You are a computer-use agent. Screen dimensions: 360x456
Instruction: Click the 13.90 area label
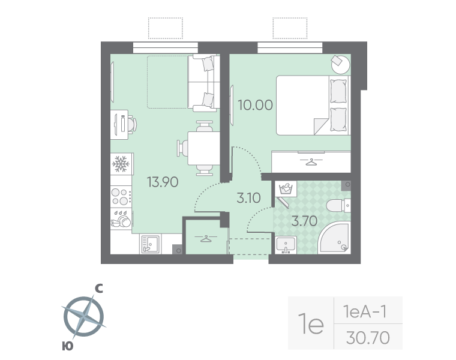click(x=162, y=182)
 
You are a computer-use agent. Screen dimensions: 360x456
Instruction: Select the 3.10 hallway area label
click(x=248, y=197)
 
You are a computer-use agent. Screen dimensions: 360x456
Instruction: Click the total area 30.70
click(x=368, y=338)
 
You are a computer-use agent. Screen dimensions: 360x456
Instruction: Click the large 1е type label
click(x=311, y=325)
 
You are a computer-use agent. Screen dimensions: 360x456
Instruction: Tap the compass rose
click(x=83, y=317)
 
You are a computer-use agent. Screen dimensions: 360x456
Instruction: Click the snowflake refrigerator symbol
click(x=121, y=163)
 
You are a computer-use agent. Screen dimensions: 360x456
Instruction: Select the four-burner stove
click(x=121, y=196)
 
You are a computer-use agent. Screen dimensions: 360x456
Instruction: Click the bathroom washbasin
click(x=286, y=244)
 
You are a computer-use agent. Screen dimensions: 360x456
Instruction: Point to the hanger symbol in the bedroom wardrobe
click(x=311, y=161)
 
